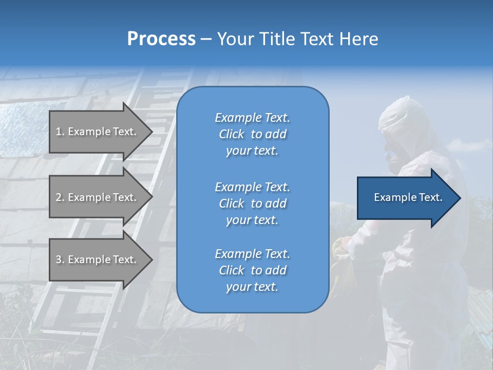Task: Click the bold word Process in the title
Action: click(161, 39)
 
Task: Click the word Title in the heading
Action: click(276, 39)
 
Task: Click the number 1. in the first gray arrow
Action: click(60, 132)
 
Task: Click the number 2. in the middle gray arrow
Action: click(60, 197)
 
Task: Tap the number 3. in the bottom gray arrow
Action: click(60, 260)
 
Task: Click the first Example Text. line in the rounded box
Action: click(252, 118)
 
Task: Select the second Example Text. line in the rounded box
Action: click(252, 187)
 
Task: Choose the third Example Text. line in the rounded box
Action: click(252, 253)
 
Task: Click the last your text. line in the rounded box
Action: click(252, 287)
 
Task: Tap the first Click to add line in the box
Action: click(252, 134)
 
